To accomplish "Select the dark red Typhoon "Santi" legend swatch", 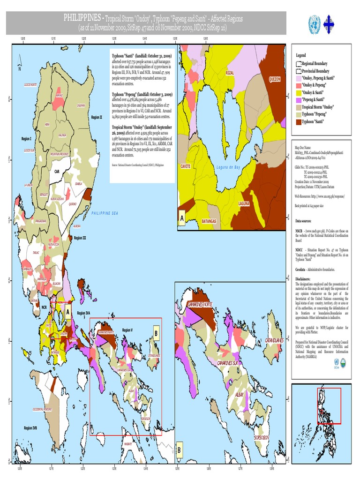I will tap(298, 122).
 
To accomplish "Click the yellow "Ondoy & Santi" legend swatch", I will tap(298, 92).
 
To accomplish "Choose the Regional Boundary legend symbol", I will tap(298, 63).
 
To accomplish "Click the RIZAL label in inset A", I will tap(230, 73).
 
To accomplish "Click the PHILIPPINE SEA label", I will tap(105, 213).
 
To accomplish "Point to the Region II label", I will tap(97, 117).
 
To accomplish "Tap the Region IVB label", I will tap(30, 428).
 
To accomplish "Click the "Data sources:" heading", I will tap(304, 220).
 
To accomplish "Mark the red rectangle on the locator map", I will tap(329, 405).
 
